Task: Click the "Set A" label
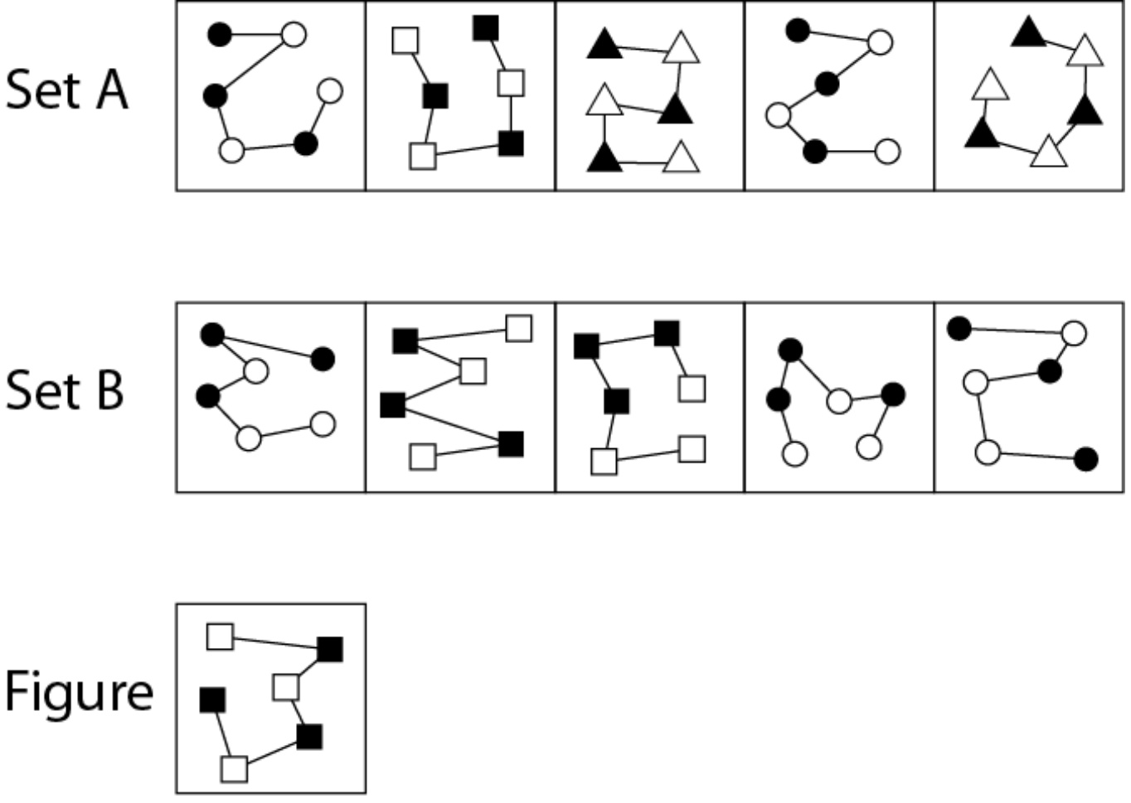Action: coord(66,90)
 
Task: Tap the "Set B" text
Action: coord(64,390)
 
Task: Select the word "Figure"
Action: coord(79,692)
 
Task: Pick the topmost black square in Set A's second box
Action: coord(486,27)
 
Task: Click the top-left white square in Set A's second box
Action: coord(405,41)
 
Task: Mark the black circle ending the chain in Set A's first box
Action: coord(219,34)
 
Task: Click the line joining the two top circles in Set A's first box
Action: coord(256,35)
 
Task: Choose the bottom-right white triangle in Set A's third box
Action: coord(681,158)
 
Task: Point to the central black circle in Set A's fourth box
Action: coord(827,84)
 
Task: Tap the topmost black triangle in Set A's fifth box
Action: coord(1028,32)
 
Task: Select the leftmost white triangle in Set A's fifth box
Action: coord(990,85)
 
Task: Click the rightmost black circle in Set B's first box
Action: coord(323,359)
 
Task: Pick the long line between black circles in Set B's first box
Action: coord(268,346)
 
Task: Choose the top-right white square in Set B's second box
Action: coord(518,328)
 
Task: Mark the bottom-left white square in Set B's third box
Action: coord(604,462)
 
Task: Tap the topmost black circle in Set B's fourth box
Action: coord(790,350)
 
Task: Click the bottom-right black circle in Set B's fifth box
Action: coord(1086,459)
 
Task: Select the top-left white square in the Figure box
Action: coord(220,636)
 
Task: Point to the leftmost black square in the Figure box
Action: coord(212,700)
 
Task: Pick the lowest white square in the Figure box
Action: coord(235,769)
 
